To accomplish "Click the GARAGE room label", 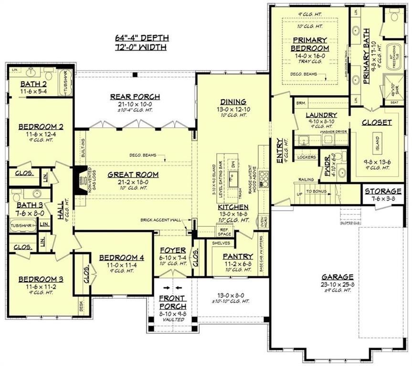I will [337, 276].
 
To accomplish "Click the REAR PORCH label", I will [135, 97].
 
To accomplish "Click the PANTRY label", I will [238, 256].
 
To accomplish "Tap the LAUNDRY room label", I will [322, 115].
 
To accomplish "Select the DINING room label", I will [233, 102].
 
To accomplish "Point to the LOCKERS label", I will [306, 157].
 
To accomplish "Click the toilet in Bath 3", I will [16, 196].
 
